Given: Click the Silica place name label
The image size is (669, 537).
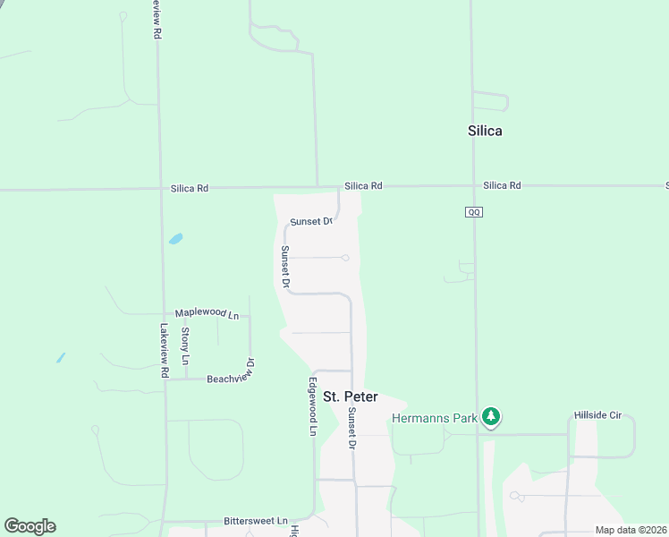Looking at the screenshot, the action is tap(485, 131).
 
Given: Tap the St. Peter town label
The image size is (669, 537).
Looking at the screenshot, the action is tap(350, 396).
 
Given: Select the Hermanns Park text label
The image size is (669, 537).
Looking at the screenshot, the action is tap(434, 418).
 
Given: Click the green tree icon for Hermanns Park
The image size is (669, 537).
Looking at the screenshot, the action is tap(490, 417).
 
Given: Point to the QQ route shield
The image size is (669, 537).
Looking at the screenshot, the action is tap(474, 212).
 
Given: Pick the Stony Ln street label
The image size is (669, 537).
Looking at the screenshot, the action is tap(185, 345).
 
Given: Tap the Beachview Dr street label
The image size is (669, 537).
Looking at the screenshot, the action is tap(232, 378).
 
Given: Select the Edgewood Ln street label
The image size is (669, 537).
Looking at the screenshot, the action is tap(313, 406).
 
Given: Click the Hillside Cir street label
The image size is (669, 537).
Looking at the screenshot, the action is tap(604, 417).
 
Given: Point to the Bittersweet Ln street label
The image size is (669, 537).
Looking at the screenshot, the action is tap(256, 520).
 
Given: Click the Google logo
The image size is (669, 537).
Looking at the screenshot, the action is tap(30, 526).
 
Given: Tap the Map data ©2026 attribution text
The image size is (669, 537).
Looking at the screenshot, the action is tap(631, 530).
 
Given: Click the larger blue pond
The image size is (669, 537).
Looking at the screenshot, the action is tap(176, 239).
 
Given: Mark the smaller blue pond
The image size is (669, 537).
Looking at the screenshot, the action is tap(60, 358).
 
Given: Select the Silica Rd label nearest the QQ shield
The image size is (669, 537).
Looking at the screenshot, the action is tap(502, 185).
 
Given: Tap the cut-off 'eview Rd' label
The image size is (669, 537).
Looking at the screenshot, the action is tap(157, 18).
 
